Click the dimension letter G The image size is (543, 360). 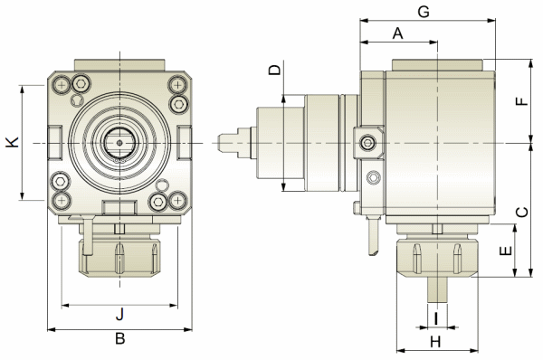pos(424,12)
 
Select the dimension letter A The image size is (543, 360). pos(398,33)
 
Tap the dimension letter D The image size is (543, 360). pos(275,70)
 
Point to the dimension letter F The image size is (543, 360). pos(522,101)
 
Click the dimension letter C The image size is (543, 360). pos(522,212)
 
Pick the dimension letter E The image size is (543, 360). pos(506,251)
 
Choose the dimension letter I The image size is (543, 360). pos(436,318)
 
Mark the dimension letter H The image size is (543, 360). pos(435,342)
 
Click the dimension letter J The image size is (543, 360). pos(119,314)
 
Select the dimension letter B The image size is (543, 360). pos(119,338)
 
